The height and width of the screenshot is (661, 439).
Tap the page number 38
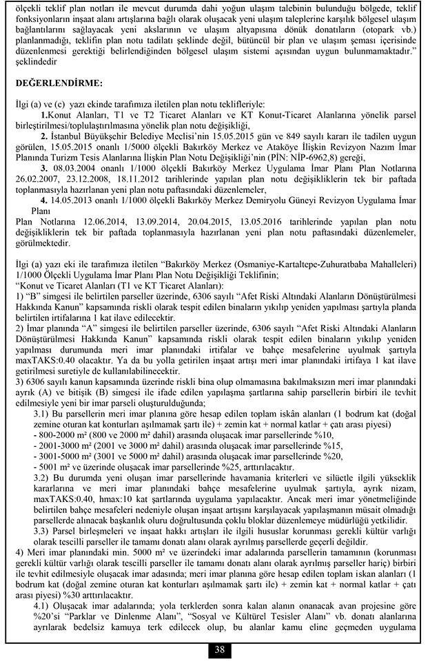coord(219,649)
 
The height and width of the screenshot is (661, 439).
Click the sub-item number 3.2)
coord(43,477)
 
